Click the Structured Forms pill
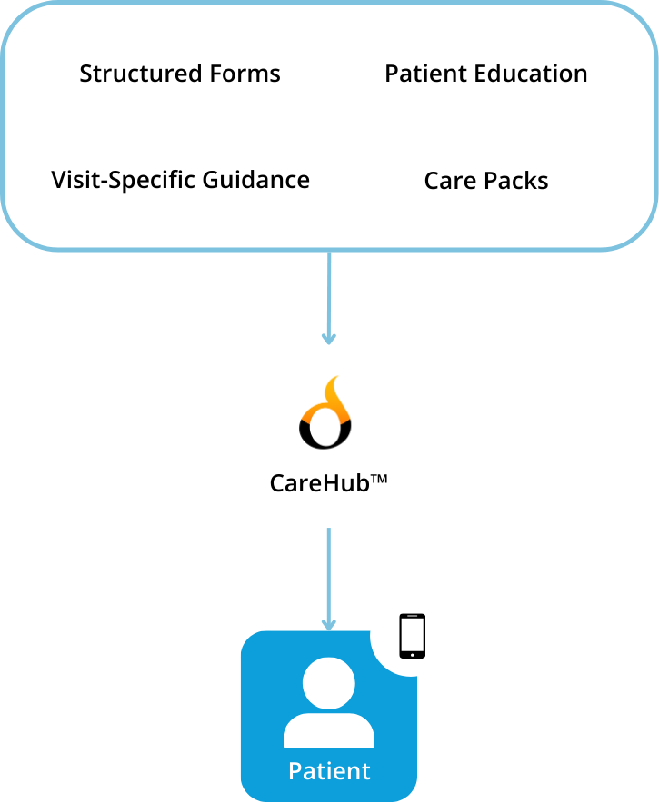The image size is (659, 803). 180,74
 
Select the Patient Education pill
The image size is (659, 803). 486,74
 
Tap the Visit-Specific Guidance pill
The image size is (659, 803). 180,179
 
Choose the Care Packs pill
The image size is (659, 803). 486,180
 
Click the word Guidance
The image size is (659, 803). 256,179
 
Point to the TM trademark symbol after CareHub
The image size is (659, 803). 379,476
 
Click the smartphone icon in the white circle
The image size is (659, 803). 412,635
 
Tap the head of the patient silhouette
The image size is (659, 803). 328,683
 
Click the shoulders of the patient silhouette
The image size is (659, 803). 328,729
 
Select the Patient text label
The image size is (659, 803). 329,771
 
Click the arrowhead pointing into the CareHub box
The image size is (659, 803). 328,338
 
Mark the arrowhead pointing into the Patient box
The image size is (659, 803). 328,624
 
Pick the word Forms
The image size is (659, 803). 243,74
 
